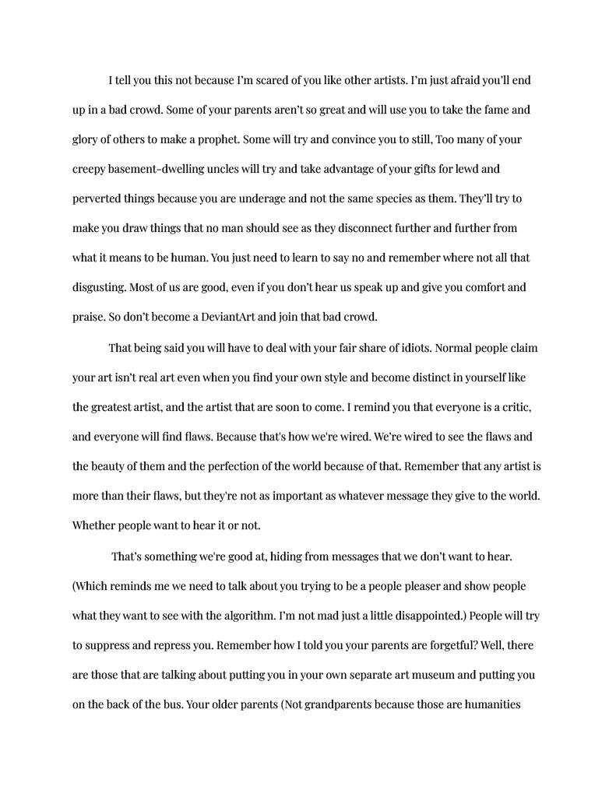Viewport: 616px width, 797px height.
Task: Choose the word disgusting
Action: click(x=99, y=287)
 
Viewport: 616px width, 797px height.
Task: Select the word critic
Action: click(x=515, y=407)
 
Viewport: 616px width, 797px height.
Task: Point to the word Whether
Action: click(x=97, y=525)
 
